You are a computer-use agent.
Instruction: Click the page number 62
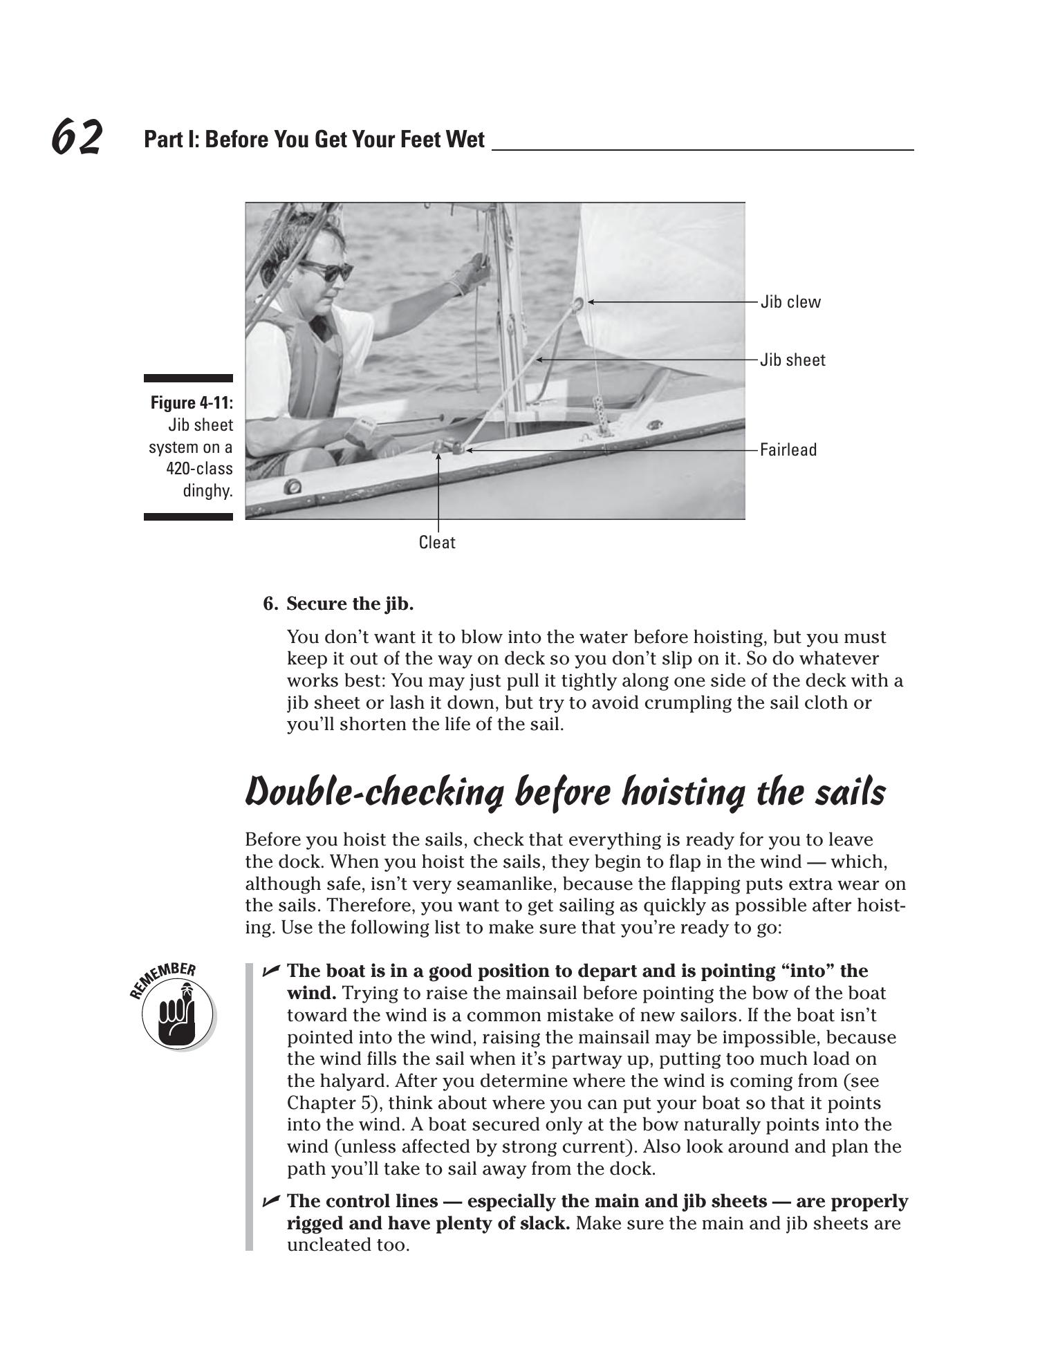[x=77, y=137]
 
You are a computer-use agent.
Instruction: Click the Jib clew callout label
[x=790, y=302]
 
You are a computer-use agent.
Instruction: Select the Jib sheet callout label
[x=792, y=360]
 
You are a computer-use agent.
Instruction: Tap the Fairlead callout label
[x=788, y=450]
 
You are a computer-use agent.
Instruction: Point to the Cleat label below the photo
[x=437, y=543]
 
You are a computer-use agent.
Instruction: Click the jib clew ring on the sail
[x=579, y=302]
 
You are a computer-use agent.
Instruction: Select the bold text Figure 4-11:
[x=192, y=403]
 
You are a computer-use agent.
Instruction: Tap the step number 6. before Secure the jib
[x=270, y=604]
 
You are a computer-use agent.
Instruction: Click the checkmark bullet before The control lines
[x=271, y=1202]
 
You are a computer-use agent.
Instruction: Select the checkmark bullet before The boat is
[x=271, y=971]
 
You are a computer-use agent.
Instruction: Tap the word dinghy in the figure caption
[x=206, y=491]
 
